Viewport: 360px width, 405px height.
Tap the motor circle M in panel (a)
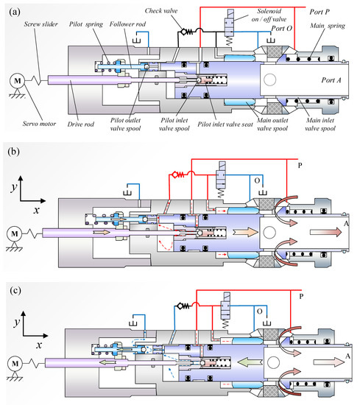click(15, 78)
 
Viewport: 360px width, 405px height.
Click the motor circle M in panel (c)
click(15, 362)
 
